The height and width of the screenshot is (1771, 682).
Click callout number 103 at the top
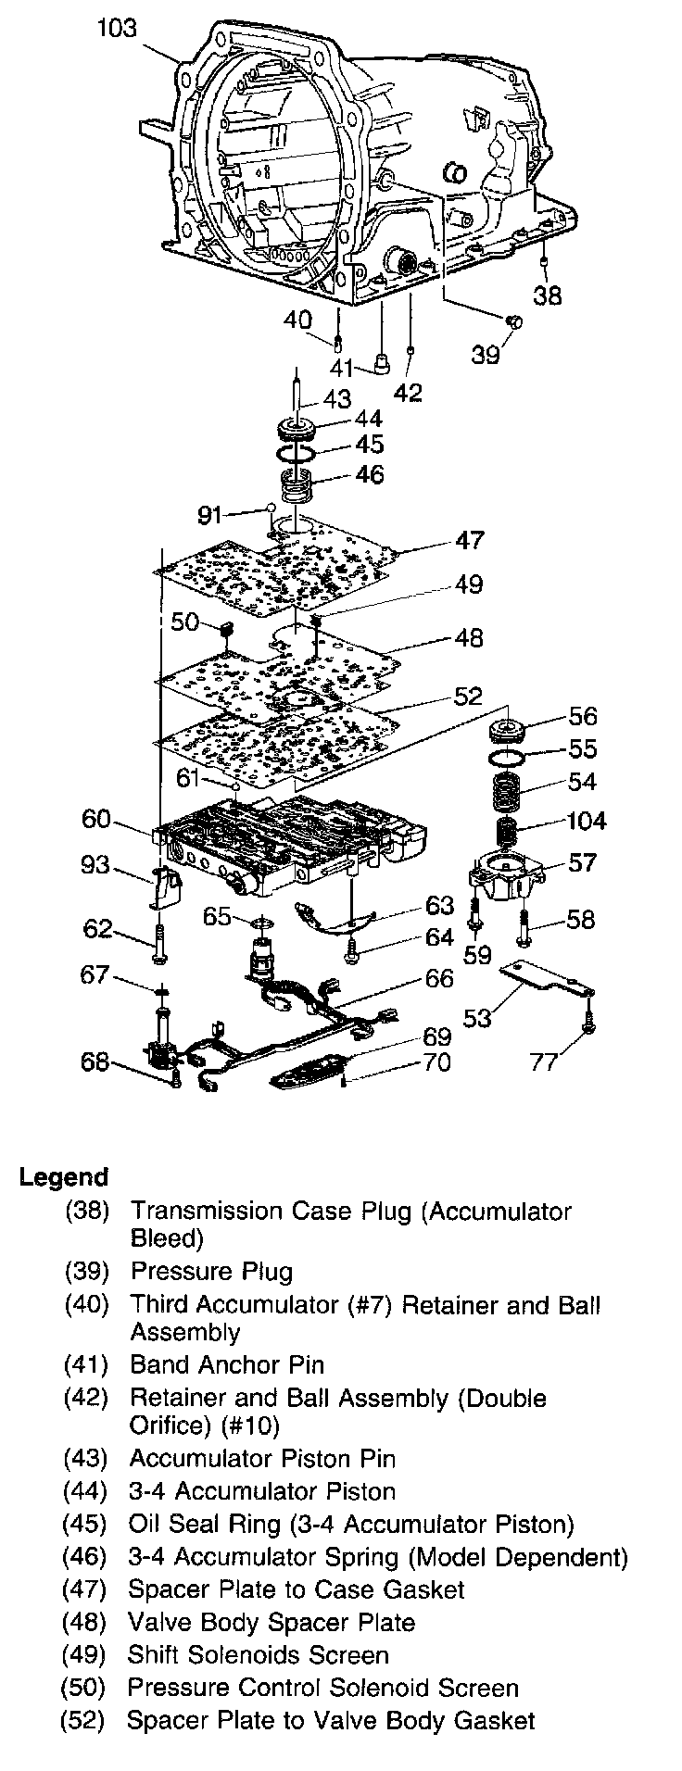117,29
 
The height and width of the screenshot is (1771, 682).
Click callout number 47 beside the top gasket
468,540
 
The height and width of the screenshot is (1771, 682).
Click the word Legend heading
64,1177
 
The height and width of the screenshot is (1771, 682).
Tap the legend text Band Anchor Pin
227,1364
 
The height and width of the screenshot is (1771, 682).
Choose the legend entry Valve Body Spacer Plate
272,1622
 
